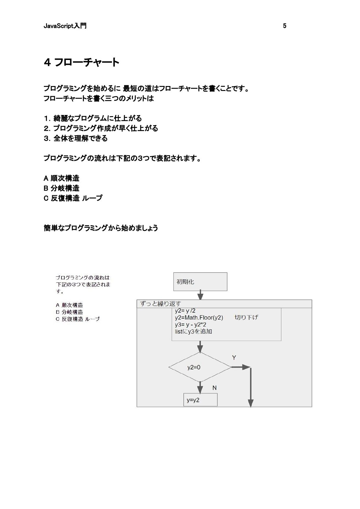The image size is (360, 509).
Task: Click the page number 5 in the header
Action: point(284,26)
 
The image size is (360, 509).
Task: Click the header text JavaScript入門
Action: point(65,26)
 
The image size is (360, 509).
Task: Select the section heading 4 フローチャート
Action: point(81,62)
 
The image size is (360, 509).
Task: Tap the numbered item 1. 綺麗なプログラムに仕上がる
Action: point(93,118)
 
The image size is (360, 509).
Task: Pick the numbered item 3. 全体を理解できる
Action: point(76,138)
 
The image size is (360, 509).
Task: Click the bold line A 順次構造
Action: point(61,178)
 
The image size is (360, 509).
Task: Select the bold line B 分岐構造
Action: point(61,188)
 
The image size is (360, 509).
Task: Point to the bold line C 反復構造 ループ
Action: point(73,198)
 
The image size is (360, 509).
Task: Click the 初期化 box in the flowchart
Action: point(200,282)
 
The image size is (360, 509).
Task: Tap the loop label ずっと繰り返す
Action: point(160,304)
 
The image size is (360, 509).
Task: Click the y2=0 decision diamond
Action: point(200,367)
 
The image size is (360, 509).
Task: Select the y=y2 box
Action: point(200,400)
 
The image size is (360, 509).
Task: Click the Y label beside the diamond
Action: point(234,358)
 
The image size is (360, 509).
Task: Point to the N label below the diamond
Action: point(214,388)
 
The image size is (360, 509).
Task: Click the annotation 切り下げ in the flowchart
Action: point(246,318)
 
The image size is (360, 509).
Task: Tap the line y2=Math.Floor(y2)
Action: point(199,318)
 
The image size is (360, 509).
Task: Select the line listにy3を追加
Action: point(193,331)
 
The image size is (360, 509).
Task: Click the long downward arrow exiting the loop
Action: point(251,388)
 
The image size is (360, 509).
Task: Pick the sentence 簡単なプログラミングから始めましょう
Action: point(101,228)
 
